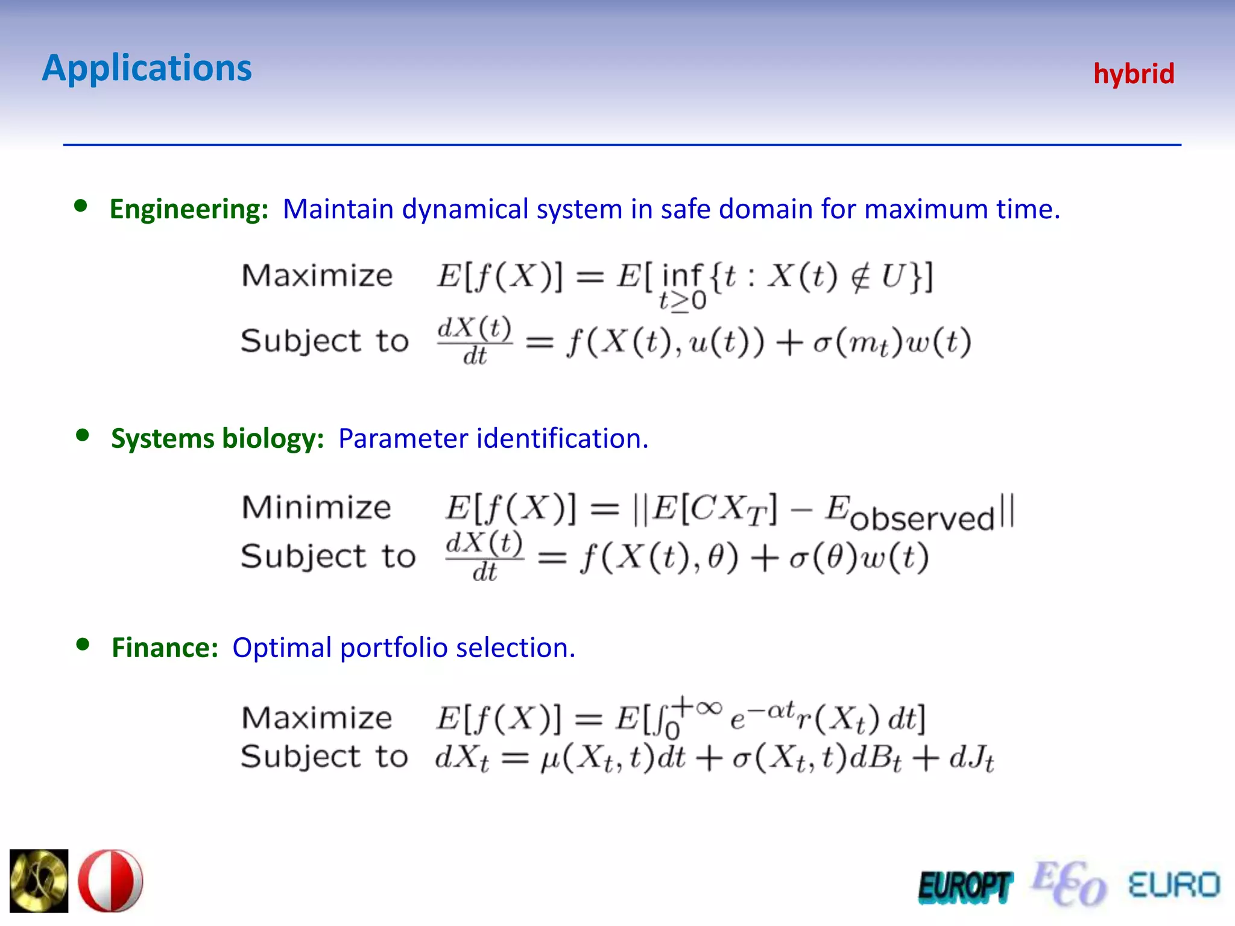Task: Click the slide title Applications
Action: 147,68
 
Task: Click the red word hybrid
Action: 1134,74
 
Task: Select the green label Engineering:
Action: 189,209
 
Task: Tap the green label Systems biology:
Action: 218,438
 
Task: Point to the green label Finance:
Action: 165,647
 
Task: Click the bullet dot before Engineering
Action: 80,206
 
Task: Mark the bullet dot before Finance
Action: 83,644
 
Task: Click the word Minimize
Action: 317,507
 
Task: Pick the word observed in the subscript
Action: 922,518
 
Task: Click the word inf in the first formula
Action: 682,276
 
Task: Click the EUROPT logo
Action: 965,887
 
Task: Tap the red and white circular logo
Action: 110,881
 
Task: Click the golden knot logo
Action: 39,881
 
